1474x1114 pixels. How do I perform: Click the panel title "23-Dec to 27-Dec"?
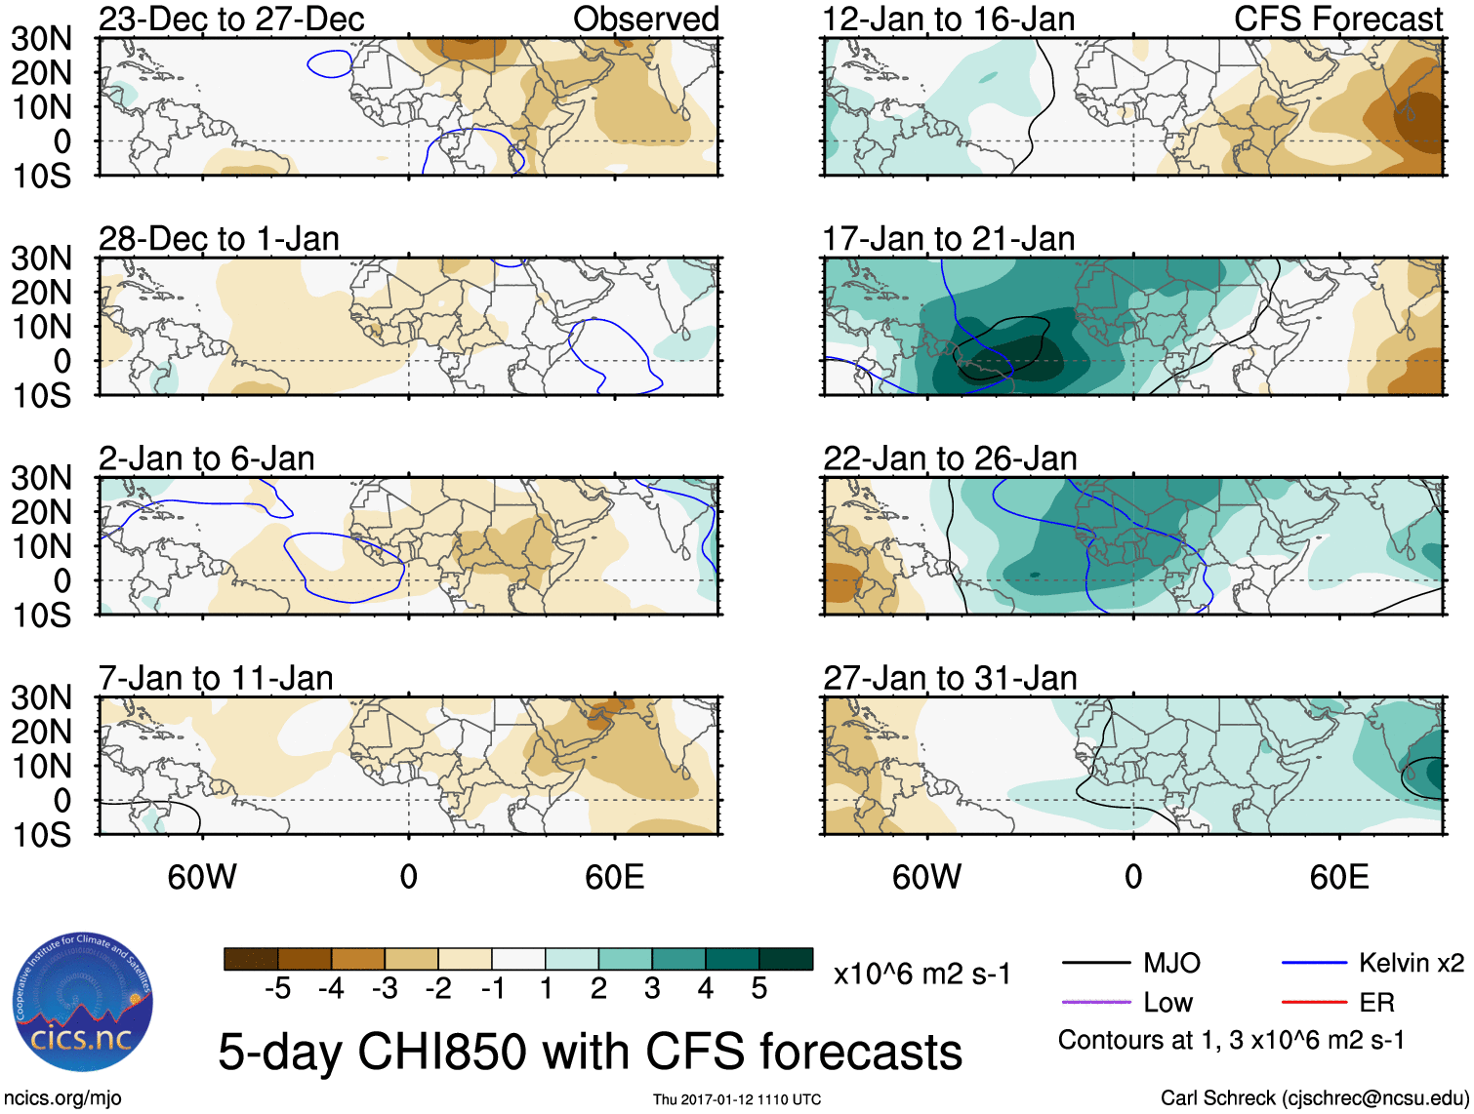pos(231,19)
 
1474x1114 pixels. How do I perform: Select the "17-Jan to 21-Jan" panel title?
pos(949,238)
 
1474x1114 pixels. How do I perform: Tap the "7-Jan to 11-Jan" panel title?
pos(216,677)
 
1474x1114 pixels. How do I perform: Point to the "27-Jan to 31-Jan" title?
pos(950,677)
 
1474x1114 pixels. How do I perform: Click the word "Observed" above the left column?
pos(645,19)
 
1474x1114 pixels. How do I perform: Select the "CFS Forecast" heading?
pos(1338,19)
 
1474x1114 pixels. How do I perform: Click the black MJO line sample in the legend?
pos(1096,964)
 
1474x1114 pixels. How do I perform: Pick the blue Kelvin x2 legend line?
pos(1314,964)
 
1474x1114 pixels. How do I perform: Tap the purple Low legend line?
pos(1096,1002)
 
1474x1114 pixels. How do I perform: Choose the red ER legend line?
pos(1314,1002)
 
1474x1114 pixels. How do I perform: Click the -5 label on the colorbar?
pos(277,989)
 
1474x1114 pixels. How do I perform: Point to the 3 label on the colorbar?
pos(652,989)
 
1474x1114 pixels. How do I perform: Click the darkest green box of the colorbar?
pos(786,959)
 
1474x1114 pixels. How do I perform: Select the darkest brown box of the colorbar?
pos(251,959)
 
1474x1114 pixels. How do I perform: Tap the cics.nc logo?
pos(82,1005)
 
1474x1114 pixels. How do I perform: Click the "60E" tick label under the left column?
pos(614,877)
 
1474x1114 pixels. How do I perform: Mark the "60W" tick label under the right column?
pos(926,877)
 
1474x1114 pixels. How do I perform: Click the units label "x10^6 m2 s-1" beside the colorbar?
pos(921,974)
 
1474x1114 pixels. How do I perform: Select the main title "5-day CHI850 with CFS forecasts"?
pos(590,1052)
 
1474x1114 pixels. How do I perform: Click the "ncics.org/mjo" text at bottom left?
pos(61,1098)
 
